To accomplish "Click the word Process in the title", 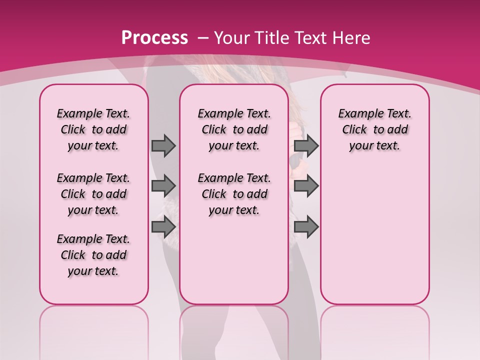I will [154, 37].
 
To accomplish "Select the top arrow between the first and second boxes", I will [163, 145].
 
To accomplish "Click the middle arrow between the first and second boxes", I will [163, 186].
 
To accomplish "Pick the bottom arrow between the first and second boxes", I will [163, 227].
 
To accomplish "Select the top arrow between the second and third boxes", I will [306, 145].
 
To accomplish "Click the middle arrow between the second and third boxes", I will [306, 186].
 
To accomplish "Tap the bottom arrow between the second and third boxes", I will [306, 227].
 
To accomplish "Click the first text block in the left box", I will [93, 129].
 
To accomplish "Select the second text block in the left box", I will [93, 194].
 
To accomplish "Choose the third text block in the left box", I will [93, 255].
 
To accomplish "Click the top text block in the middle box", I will [234, 129].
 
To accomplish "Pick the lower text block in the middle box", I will [234, 194].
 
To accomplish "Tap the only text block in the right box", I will [374, 129].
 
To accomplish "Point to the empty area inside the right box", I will [374, 230].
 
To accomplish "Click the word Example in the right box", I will [357, 113].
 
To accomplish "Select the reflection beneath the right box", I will [374, 330].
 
